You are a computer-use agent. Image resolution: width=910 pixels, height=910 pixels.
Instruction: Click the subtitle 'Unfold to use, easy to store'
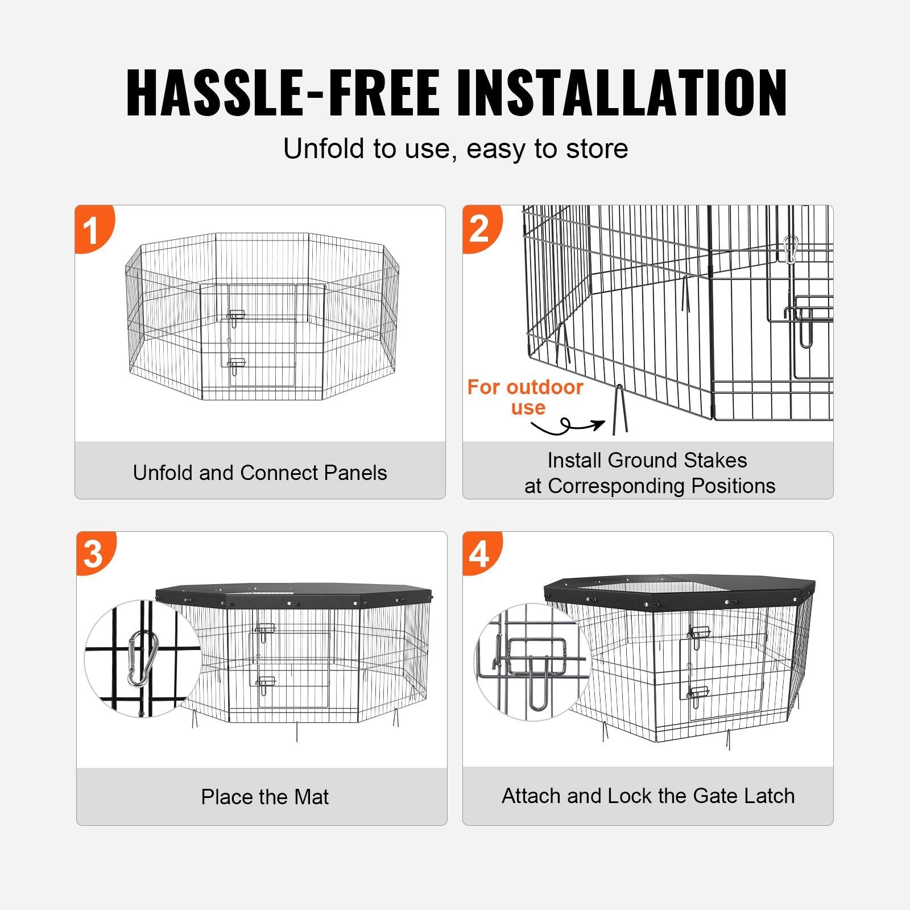(x=456, y=148)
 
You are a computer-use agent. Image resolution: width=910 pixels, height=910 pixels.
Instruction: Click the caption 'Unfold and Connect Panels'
(x=260, y=473)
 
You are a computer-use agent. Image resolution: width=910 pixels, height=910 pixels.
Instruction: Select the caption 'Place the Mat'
(x=264, y=797)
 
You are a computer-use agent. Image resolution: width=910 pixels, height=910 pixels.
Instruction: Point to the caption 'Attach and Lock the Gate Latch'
(x=648, y=796)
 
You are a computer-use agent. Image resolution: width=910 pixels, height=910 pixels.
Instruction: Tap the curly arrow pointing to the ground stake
(x=569, y=426)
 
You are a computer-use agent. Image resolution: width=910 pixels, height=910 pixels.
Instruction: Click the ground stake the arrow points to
(x=619, y=409)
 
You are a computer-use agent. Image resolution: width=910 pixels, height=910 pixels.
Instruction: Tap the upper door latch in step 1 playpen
(x=236, y=316)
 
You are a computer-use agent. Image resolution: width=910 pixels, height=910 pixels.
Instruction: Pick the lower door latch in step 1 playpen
(x=236, y=365)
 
